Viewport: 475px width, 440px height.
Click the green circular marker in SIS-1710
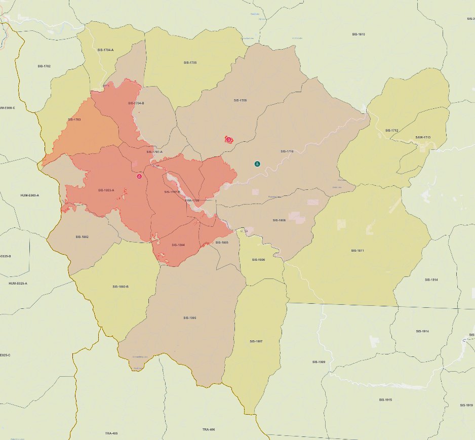257,164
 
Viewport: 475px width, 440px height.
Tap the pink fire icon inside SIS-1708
229,139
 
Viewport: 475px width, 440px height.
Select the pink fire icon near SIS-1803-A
139,177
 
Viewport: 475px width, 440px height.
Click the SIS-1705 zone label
190,62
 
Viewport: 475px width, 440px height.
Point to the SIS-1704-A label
105,50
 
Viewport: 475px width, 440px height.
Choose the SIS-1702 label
44,66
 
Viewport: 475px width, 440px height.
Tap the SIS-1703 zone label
74,119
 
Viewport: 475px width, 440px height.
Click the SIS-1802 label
82,236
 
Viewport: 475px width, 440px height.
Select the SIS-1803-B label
121,287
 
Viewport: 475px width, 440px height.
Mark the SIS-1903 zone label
190,317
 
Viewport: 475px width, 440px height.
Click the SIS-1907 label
256,341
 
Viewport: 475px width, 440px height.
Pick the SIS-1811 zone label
358,251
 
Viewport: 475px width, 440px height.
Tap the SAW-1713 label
423,137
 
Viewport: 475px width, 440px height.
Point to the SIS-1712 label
391,130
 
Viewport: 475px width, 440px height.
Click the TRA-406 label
209,429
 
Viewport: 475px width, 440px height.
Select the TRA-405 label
111,433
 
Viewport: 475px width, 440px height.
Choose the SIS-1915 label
385,399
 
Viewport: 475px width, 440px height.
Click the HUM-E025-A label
18,283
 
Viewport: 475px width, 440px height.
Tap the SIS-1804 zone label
178,245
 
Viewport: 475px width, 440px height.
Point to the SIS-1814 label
431,279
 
